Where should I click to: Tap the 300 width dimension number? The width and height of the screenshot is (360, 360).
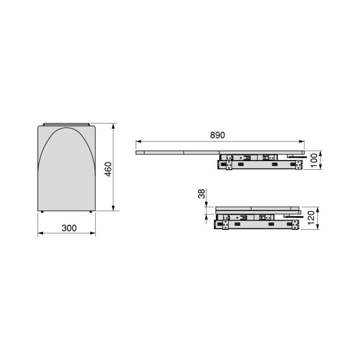coord(66,227)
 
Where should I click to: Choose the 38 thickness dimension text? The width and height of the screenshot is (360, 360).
coord(202,194)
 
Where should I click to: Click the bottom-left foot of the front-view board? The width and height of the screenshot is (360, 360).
coord(42,212)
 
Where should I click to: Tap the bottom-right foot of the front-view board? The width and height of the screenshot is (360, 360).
coord(91,212)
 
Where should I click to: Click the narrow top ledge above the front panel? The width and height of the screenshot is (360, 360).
coord(66,123)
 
